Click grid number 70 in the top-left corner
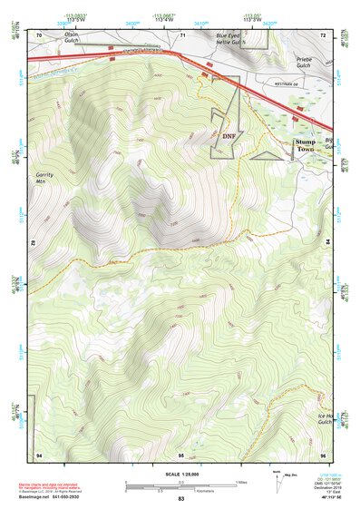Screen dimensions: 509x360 [x=39, y=34]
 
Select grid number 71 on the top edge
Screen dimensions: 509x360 [x=182, y=34]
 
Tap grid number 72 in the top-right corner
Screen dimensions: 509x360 [x=323, y=34]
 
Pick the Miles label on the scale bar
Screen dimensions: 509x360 [x=241, y=481]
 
